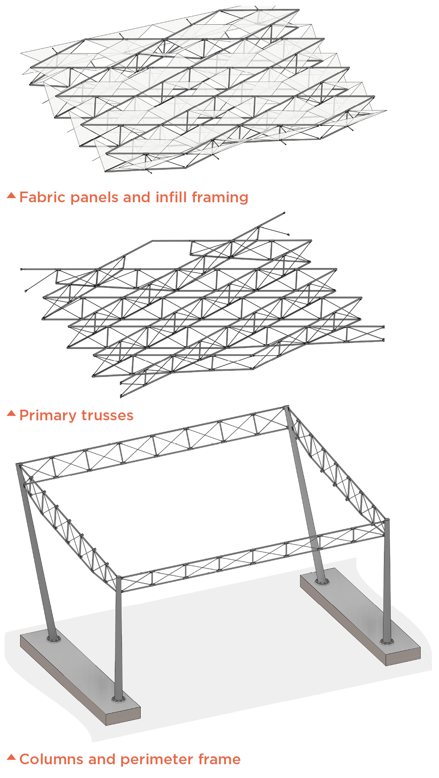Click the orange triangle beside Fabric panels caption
click(11, 195)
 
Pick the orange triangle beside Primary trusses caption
click(11, 413)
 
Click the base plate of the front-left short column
click(118, 699)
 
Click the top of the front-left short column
click(118, 577)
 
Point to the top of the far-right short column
click(387, 520)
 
